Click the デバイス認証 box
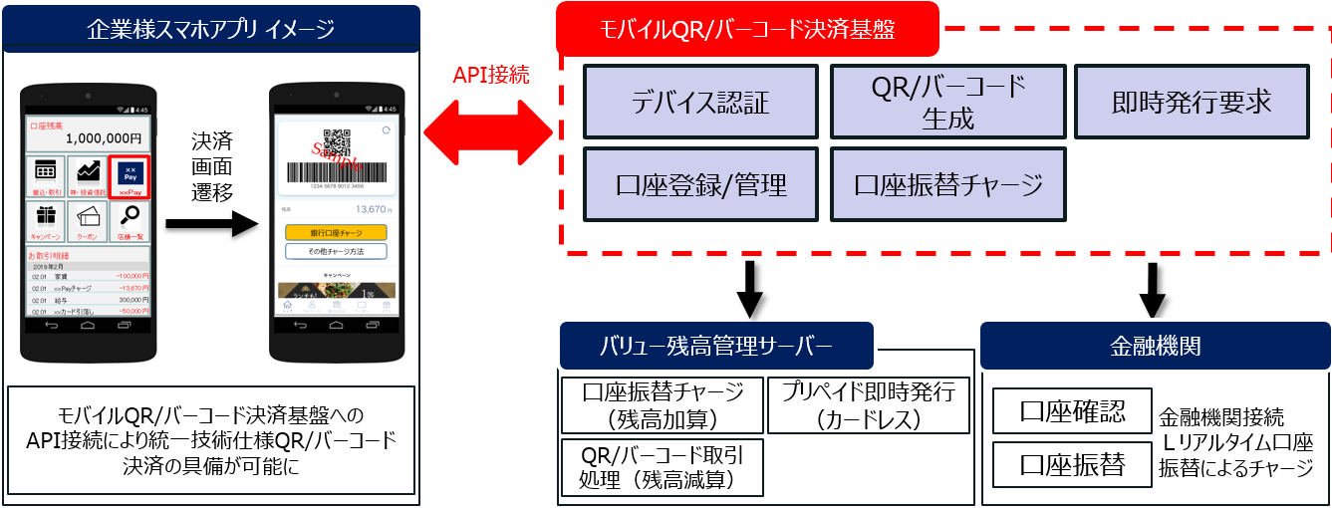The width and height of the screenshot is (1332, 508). click(x=700, y=102)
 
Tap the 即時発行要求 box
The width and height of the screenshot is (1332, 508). click(x=1191, y=102)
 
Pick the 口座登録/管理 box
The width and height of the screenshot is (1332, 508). click(x=700, y=184)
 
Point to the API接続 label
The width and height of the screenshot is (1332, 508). click(x=491, y=75)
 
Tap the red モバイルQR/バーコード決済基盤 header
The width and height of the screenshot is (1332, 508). click(x=747, y=30)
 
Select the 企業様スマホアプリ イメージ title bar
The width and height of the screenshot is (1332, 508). click(x=210, y=29)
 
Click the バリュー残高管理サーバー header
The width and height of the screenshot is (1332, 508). click(x=715, y=346)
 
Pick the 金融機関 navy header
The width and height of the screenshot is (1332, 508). click(x=1156, y=346)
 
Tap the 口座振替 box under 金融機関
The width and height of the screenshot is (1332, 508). click(x=1072, y=464)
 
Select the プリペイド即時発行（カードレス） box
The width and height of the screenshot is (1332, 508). click(x=868, y=405)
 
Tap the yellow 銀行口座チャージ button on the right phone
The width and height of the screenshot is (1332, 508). click(x=336, y=232)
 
